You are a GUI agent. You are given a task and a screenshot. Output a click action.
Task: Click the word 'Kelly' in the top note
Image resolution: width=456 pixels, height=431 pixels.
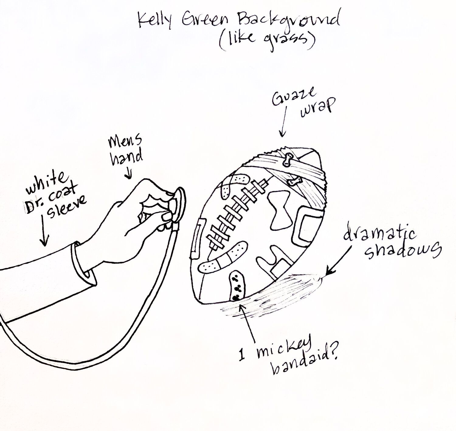coord(154,21)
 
